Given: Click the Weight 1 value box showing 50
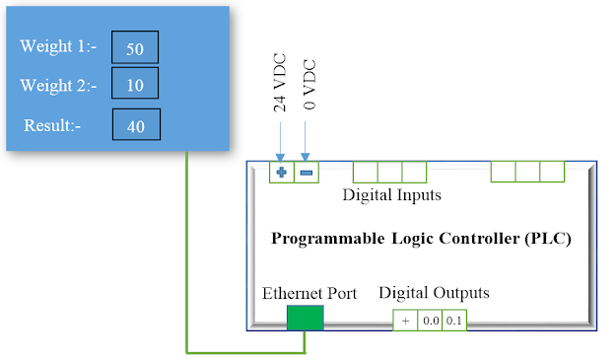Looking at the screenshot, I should click(135, 48).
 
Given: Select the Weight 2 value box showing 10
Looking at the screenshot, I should click(135, 85).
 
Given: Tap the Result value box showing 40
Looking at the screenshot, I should click(135, 124).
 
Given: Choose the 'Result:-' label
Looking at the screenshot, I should click(59, 124).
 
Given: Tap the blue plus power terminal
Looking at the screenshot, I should click(282, 173).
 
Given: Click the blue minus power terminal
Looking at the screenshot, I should click(307, 173).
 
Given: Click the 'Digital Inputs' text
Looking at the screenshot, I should click(391, 195).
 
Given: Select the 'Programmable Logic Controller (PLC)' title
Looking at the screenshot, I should click(421, 239).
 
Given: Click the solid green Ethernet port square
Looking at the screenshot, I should click(305, 318).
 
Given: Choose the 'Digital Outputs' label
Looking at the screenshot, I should click(434, 293).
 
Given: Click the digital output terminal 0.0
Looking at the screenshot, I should click(430, 321).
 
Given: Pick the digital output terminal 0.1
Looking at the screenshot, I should click(453, 321).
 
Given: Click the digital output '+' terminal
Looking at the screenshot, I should click(405, 321).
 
